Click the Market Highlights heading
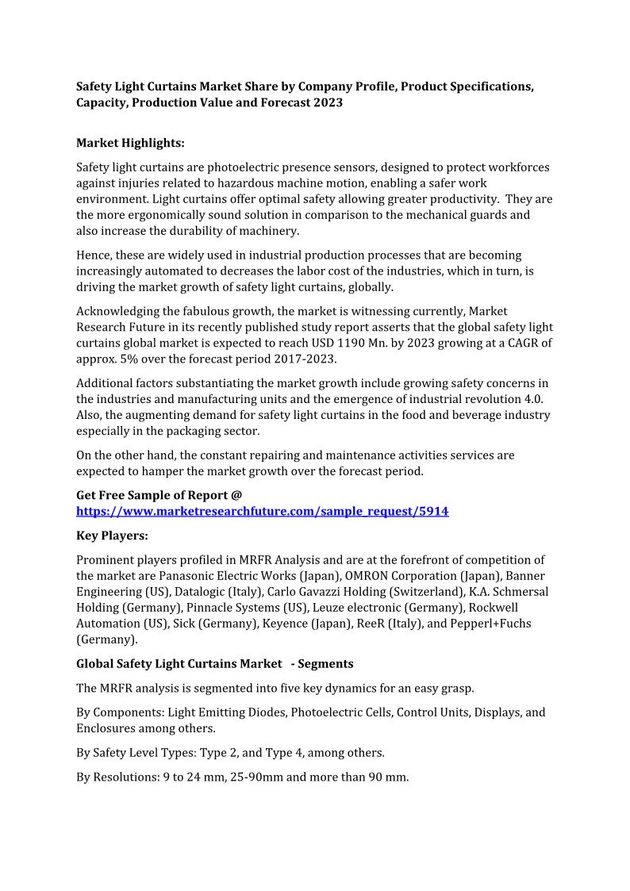(130, 143)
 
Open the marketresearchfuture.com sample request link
(262, 512)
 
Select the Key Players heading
(112, 536)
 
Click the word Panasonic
(186, 576)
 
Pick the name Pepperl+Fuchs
(490, 624)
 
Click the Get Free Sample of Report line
(159, 495)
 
